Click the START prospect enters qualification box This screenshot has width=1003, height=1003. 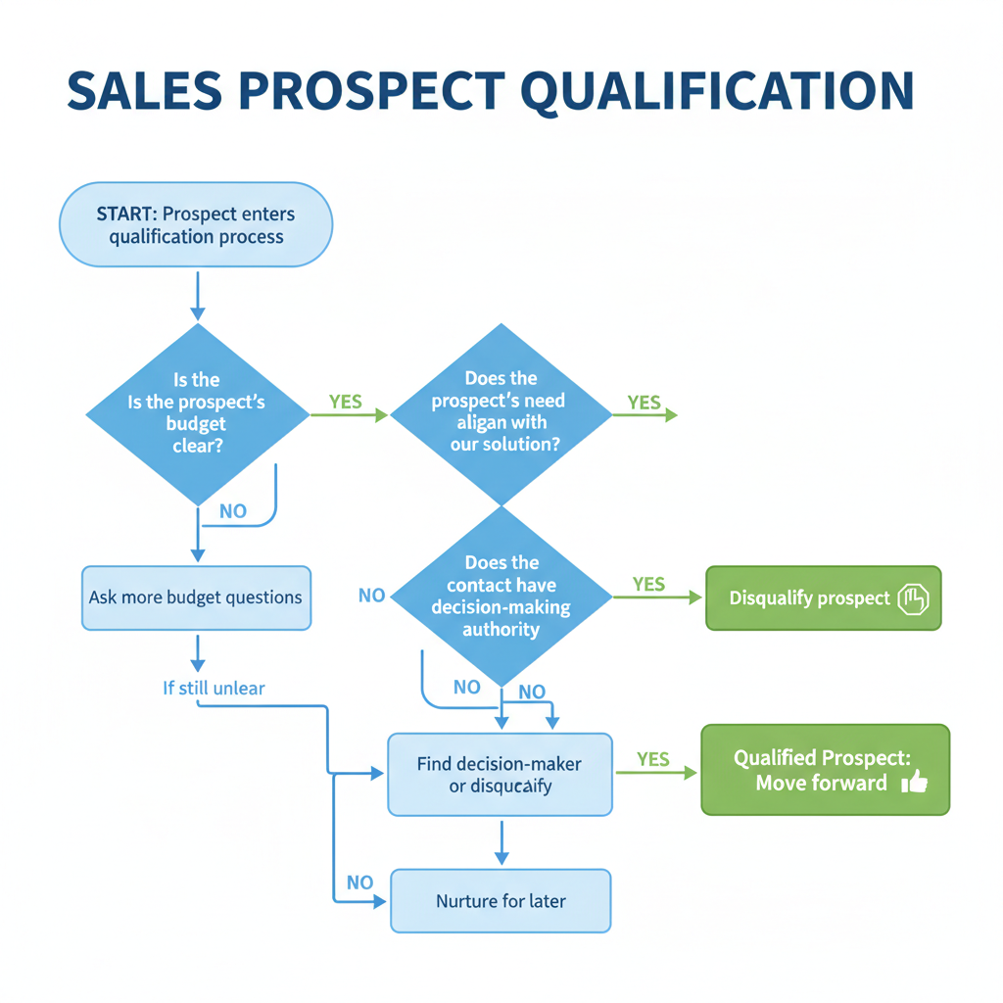[196, 225]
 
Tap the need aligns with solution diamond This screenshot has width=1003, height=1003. [501, 414]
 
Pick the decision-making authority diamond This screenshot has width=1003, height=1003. [501, 596]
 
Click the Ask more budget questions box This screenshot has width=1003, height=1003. [196, 597]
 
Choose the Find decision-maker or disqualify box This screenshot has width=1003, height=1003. [500, 775]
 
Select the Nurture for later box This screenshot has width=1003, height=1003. [500, 901]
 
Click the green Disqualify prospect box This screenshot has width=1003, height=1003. [823, 597]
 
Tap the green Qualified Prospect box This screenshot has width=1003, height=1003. [825, 770]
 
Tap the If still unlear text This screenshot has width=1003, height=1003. [214, 689]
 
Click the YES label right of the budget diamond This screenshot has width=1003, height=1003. [345, 402]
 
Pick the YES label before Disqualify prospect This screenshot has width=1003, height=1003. [648, 584]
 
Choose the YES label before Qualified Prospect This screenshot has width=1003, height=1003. [652, 759]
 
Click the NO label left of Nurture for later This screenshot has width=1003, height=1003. [359, 883]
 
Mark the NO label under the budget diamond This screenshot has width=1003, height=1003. [233, 511]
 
